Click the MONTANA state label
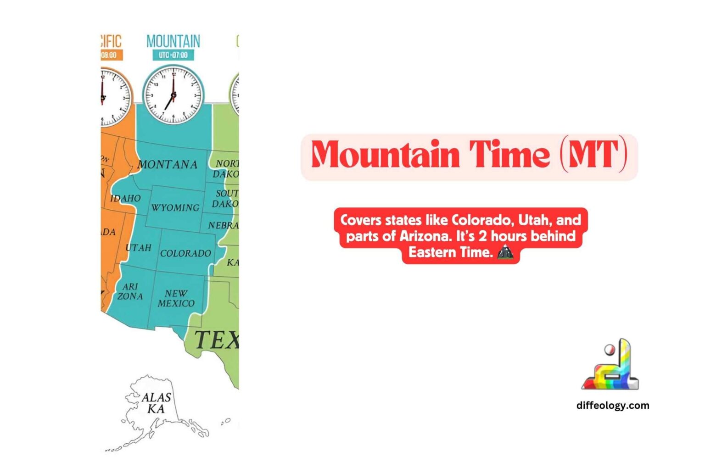click(168, 164)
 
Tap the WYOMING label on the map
click(175, 208)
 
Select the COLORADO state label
click(185, 253)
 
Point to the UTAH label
click(138, 248)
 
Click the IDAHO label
click(125, 198)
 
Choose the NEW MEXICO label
click(176, 298)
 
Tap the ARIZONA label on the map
click(130, 291)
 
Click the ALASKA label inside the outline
click(156, 403)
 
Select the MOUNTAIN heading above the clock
click(173, 41)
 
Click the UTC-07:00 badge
click(173, 55)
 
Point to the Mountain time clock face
click(173, 95)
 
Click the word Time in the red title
click(509, 155)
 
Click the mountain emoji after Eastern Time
click(505, 252)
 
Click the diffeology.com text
click(612, 405)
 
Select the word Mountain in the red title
click(385, 155)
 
